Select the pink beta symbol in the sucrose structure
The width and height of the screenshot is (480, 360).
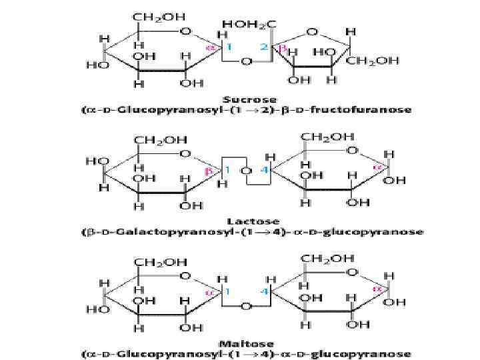(282, 49)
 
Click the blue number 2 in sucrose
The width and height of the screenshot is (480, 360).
(263, 48)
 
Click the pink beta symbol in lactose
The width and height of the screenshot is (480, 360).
(208, 171)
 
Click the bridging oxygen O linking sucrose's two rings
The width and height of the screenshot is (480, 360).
(246, 62)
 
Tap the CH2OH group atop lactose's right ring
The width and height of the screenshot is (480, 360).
(323, 137)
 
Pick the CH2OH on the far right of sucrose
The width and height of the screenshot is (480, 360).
(377, 61)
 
